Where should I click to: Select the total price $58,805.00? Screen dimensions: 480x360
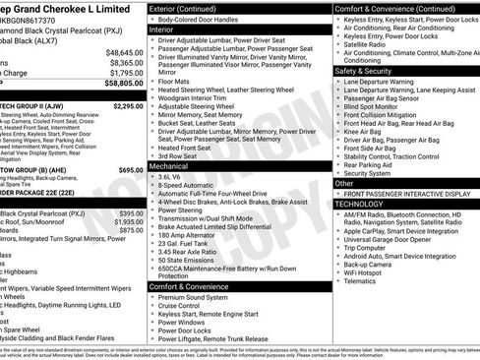(124, 84)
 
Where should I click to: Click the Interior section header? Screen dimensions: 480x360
(161, 30)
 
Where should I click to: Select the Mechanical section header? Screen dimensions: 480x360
(169, 167)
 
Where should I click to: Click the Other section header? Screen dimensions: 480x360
(344, 183)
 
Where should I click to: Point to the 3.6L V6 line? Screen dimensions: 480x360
(176, 177)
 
